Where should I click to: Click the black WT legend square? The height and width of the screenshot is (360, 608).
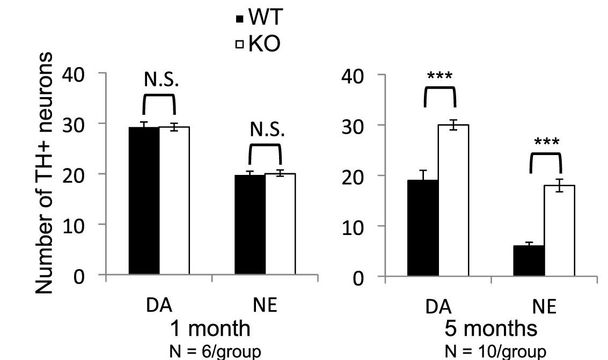click(x=240, y=20)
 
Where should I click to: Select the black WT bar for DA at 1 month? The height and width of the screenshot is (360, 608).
click(x=144, y=201)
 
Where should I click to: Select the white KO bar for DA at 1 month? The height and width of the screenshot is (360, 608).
click(x=174, y=201)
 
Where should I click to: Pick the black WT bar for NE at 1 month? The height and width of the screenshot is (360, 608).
click(x=250, y=225)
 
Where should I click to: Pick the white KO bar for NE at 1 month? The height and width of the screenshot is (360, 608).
click(x=280, y=225)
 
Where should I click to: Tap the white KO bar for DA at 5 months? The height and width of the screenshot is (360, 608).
click(x=453, y=201)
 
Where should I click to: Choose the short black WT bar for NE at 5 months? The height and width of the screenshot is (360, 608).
click(x=529, y=262)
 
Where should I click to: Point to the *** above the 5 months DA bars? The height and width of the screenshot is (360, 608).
click(x=439, y=76)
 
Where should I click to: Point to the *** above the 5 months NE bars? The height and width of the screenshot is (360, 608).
click(x=545, y=143)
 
